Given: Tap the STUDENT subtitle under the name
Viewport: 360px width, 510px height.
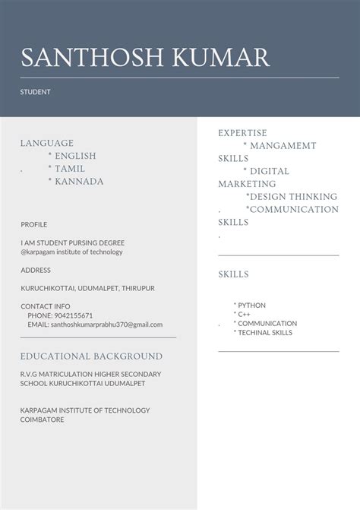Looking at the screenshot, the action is click(35, 92).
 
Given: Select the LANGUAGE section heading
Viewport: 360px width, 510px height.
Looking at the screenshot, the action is click(47, 143).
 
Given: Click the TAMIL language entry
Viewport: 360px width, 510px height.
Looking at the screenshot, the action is click(70, 169).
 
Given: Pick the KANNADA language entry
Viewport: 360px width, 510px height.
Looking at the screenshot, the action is click(79, 182).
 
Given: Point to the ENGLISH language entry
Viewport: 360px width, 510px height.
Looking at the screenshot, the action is click(75, 156).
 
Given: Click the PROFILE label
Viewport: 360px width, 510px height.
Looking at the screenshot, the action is click(33, 225).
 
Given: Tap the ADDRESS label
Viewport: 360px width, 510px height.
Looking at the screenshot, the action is click(36, 270).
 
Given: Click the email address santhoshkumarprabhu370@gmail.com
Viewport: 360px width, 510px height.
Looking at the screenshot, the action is click(106, 325).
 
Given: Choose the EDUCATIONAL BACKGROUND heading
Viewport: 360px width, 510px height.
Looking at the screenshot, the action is click(91, 356).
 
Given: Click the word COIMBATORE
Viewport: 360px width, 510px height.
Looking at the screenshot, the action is click(42, 420).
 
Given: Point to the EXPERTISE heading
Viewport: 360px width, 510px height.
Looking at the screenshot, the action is click(243, 133).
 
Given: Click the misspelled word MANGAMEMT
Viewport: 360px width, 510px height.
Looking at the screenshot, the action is click(283, 146).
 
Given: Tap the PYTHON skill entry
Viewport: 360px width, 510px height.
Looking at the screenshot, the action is click(251, 306).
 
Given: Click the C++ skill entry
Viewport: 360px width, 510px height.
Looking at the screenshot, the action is click(244, 315).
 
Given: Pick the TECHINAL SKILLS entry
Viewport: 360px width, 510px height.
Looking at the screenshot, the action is click(265, 333).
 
